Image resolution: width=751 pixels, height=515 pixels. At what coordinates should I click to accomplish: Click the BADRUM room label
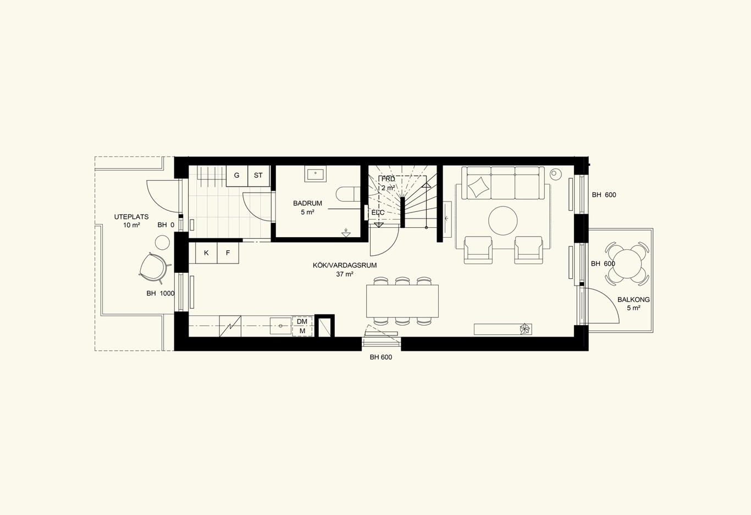point(307,203)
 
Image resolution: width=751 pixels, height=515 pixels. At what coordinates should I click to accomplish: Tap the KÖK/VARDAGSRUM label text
point(345,265)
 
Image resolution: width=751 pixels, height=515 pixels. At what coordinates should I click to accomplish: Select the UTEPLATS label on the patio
point(131,217)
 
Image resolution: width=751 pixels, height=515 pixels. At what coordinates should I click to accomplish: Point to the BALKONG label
point(634,300)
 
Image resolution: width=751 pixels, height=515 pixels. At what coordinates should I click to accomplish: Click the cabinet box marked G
point(237,176)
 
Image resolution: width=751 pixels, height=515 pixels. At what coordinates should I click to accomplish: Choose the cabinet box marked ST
point(258,176)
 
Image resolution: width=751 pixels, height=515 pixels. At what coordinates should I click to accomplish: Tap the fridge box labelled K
point(206,253)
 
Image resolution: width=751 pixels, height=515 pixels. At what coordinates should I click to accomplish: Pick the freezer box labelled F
point(228,253)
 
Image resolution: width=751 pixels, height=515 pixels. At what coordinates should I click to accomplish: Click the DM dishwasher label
point(302,321)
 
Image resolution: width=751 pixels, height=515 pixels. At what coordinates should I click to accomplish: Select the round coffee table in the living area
point(503,221)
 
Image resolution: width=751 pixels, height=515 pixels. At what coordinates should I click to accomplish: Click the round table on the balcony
point(627,264)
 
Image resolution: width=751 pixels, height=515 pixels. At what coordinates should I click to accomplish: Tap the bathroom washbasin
point(315,174)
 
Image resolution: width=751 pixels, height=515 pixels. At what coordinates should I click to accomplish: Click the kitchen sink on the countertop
point(280,326)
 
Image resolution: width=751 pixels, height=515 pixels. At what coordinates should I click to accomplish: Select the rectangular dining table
point(402,301)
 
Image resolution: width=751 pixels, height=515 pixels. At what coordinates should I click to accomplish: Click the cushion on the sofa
point(478,187)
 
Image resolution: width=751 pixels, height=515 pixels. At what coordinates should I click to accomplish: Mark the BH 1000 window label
point(161,294)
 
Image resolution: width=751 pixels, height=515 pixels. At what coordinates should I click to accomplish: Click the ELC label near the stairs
point(378,212)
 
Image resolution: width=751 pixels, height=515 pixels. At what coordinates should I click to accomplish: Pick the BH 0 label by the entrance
point(166,225)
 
